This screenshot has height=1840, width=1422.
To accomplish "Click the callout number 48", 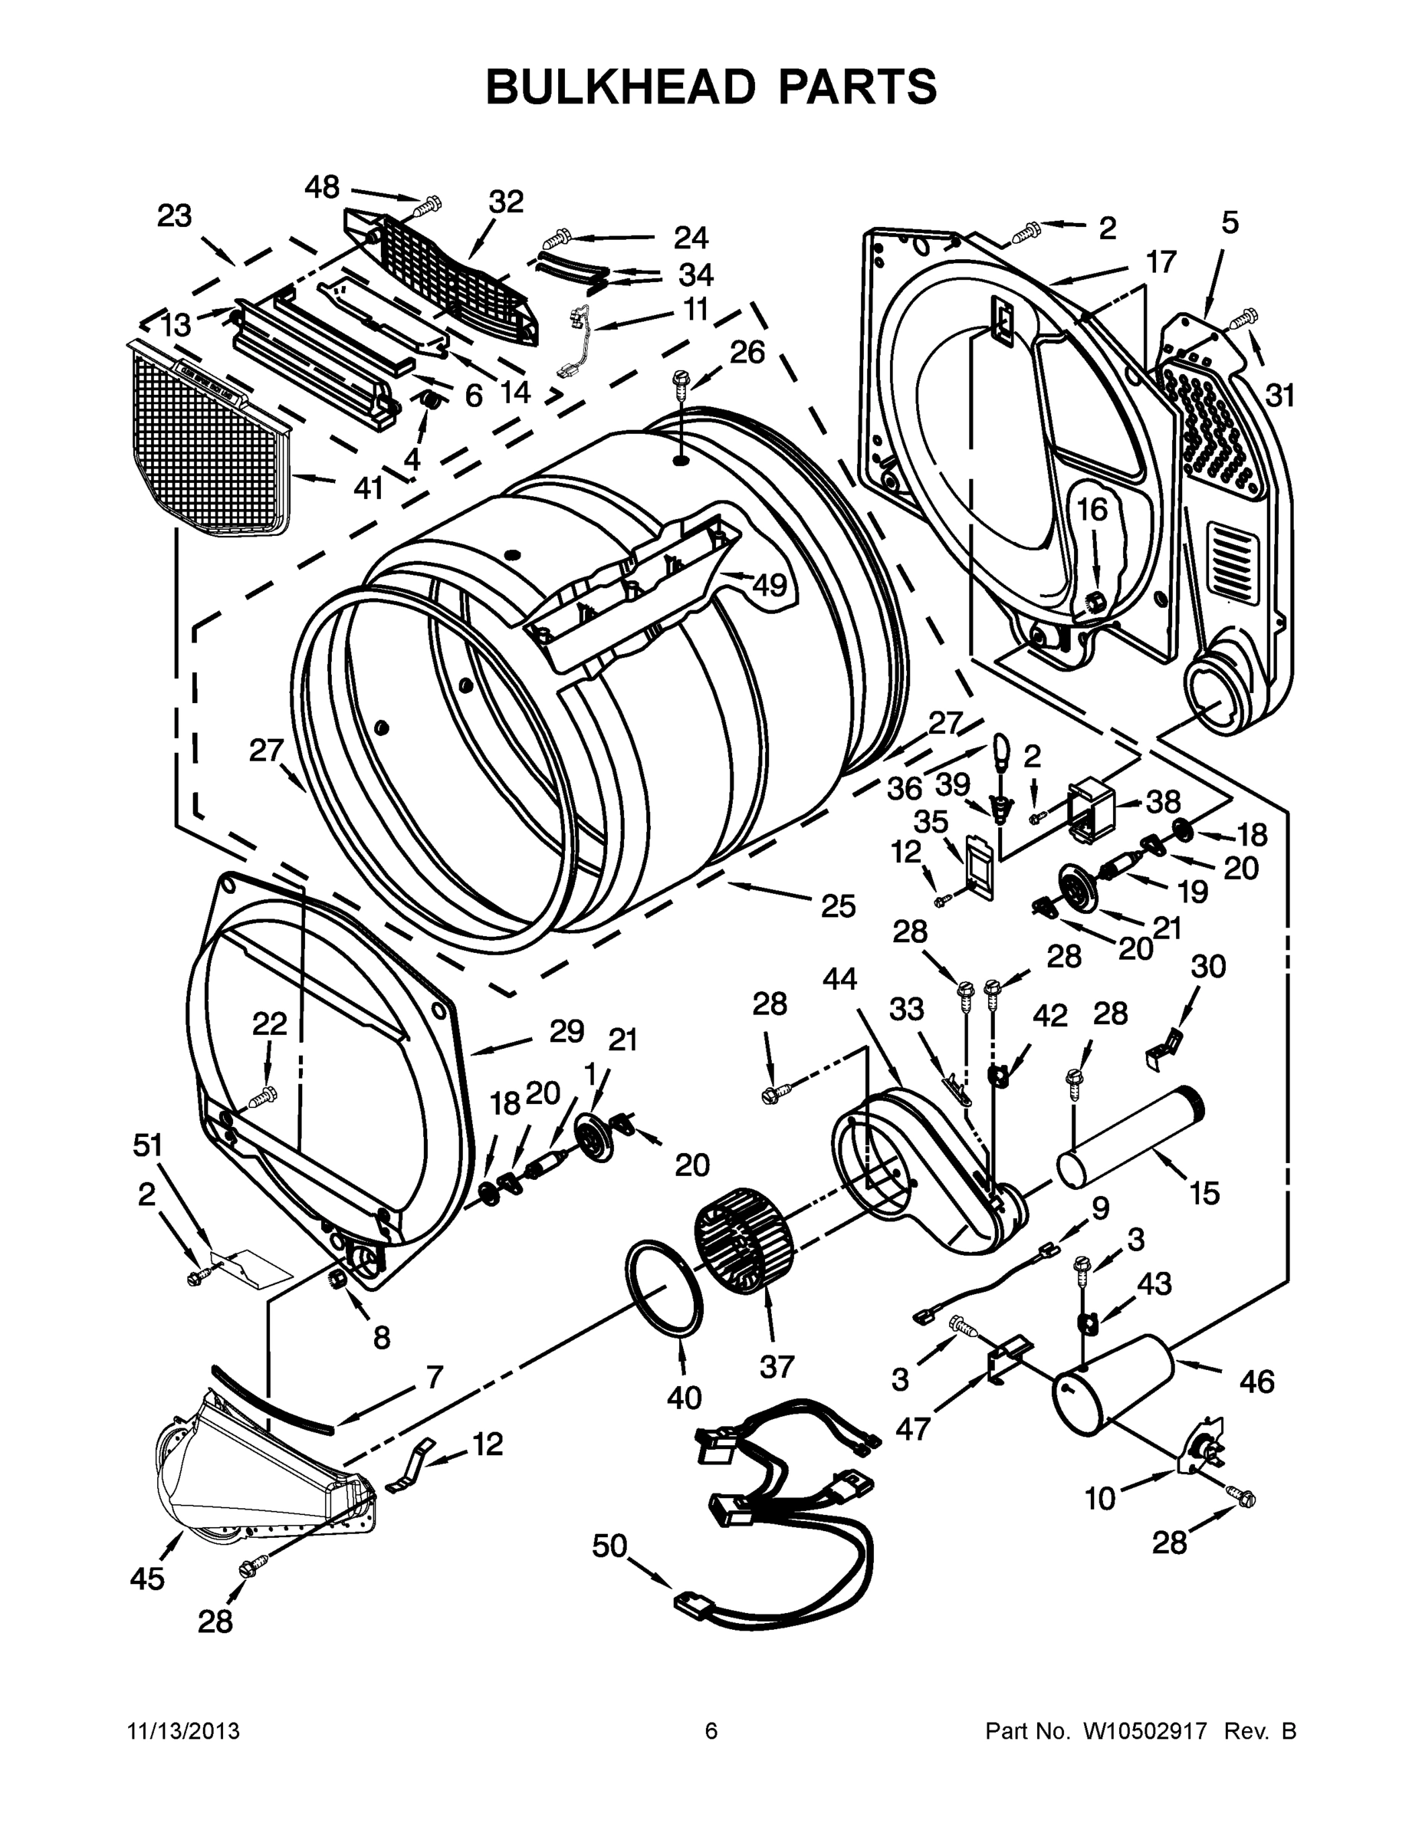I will [x=322, y=187].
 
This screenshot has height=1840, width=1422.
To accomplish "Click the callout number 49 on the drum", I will [x=767, y=584].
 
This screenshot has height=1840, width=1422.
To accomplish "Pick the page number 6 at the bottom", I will [x=711, y=1731].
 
